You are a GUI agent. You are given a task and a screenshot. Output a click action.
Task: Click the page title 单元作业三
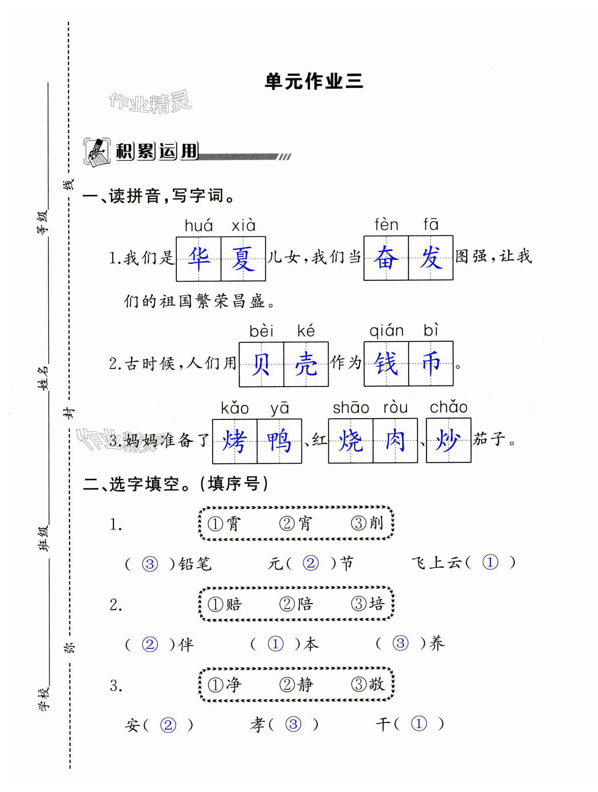tap(314, 82)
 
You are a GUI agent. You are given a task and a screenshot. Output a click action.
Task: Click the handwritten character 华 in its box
tap(199, 259)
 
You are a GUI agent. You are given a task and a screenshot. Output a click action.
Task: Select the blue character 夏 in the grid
tap(243, 259)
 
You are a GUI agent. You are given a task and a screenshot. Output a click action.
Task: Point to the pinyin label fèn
tap(386, 225)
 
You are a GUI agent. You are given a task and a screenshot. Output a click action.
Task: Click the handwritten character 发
tap(431, 258)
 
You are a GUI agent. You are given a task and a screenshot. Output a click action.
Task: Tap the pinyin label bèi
tap(261, 331)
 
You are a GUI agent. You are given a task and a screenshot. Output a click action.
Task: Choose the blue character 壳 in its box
tap(306, 364)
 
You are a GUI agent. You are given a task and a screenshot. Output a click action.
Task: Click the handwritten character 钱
tap(386, 363)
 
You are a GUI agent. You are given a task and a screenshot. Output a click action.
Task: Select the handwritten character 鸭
tap(279, 441)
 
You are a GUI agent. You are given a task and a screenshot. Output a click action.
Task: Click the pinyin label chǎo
tap(448, 408)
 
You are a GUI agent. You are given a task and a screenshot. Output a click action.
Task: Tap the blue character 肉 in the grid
tap(395, 440)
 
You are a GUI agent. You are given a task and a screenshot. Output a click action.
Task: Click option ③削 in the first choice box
tap(367, 523)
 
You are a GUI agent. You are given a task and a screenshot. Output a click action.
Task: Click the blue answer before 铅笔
tap(150, 564)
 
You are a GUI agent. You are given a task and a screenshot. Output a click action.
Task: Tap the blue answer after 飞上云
tap(490, 562)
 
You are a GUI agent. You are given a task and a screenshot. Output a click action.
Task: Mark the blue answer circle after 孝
tap(293, 724)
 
